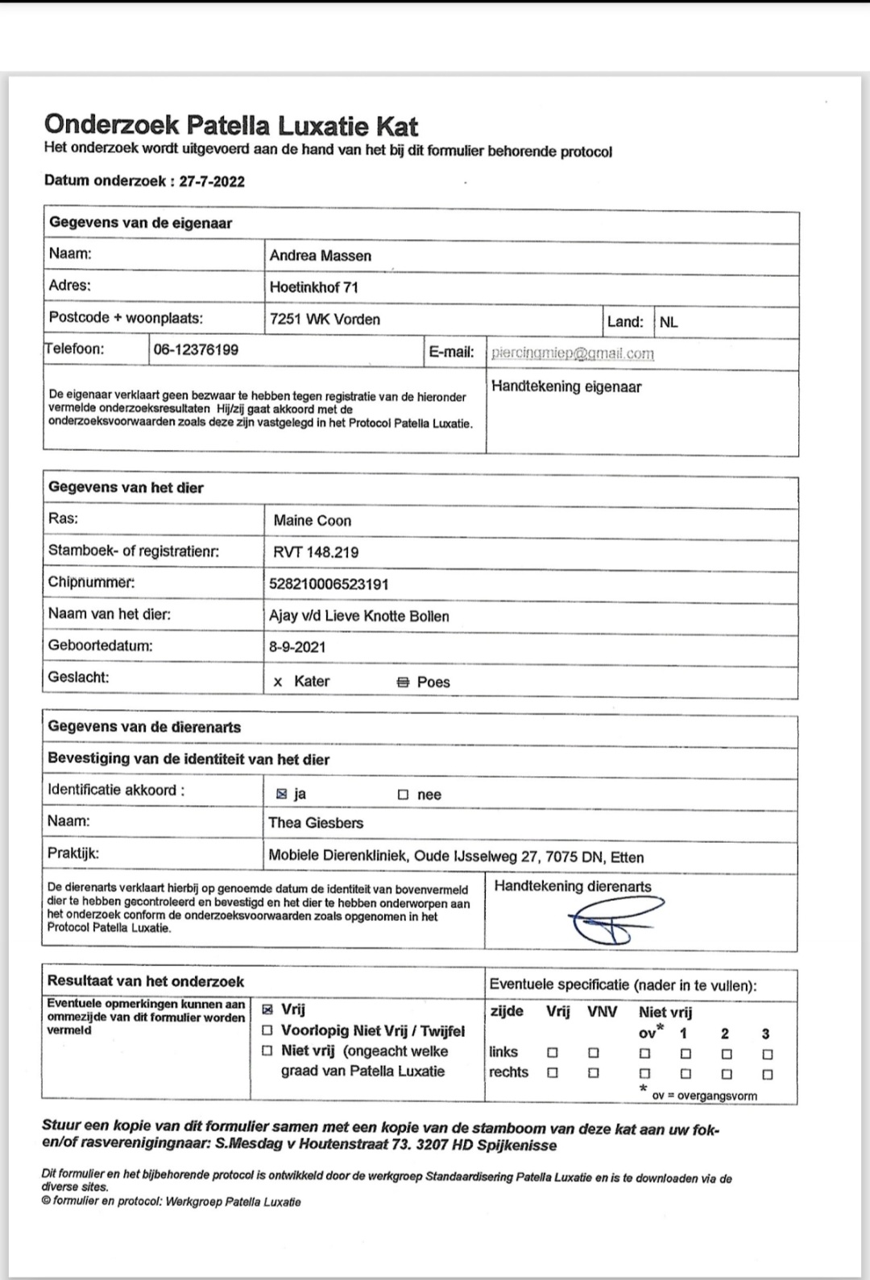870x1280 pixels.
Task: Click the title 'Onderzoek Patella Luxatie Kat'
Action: pos(231,126)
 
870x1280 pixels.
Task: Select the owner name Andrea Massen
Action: pos(321,256)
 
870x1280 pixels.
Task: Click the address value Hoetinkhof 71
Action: pos(314,287)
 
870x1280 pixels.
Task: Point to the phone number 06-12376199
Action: pos(196,350)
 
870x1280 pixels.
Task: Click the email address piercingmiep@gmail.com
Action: pos(573,353)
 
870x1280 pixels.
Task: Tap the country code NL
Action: pos(669,322)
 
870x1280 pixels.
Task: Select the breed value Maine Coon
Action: pos(313,521)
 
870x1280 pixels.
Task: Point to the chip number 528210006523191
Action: pos(329,584)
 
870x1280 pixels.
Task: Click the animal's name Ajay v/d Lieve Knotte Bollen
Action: pos(359,617)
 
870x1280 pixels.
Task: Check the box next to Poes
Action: pos(403,683)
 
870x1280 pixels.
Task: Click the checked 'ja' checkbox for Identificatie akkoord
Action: pos(281,795)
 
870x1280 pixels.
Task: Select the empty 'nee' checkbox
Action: pos(403,795)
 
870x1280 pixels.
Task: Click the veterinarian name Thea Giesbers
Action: pos(316,823)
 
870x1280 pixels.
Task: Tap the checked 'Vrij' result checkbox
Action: pos(267,1010)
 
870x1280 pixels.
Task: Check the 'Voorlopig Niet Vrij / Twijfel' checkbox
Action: pos(267,1031)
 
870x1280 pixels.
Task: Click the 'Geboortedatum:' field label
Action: pos(100,646)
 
